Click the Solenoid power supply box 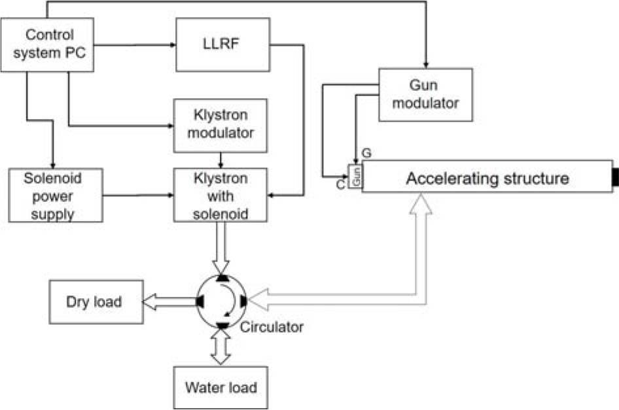click(56, 195)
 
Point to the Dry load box click(96, 302)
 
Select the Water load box click(221, 386)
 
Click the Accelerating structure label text click(487, 179)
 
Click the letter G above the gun click(366, 154)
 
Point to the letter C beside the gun click(341, 186)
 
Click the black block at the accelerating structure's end click(615, 177)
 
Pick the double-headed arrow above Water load click(221, 345)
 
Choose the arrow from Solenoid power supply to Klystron click(137, 195)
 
